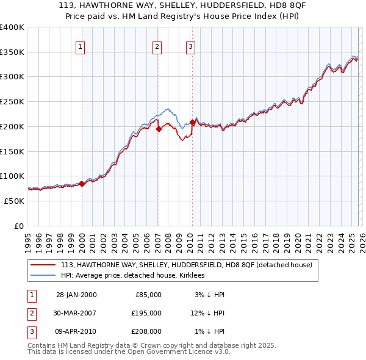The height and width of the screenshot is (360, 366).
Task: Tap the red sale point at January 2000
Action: coord(82,183)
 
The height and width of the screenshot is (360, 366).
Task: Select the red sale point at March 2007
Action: coord(159,129)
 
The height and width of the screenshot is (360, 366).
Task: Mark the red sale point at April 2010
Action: coord(192,122)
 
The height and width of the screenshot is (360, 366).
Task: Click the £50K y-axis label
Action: coord(14,201)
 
